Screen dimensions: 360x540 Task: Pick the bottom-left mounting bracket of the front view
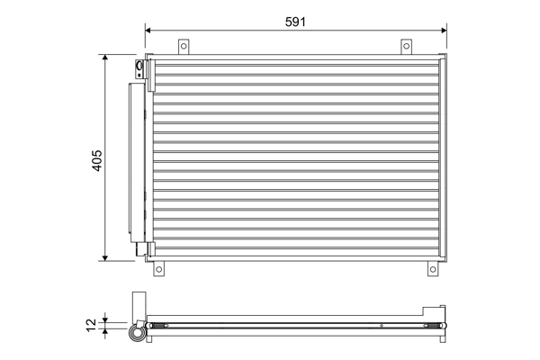tap(159, 268)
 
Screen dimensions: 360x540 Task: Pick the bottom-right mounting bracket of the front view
tap(430, 268)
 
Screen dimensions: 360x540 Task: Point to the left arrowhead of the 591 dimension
tap(149, 30)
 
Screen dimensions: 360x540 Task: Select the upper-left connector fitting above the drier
tap(139, 69)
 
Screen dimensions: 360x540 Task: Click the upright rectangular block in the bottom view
tap(138, 303)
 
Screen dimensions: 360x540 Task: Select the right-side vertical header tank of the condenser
tap(442, 158)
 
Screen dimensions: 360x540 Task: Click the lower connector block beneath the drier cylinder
tap(140, 250)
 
